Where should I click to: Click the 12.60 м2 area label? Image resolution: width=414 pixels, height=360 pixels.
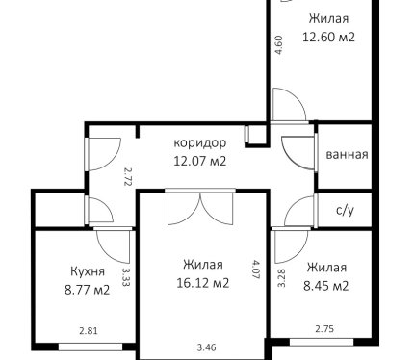click(328, 37)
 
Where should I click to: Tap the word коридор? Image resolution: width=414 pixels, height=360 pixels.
click(199, 142)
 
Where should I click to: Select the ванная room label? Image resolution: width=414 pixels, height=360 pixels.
click(347, 155)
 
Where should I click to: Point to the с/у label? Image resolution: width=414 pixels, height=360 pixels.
click(345, 210)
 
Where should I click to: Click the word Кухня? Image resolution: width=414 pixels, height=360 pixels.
click(88, 271)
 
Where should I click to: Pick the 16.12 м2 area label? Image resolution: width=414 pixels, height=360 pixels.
click(203, 283)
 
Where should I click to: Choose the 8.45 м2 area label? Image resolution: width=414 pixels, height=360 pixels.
click(326, 286)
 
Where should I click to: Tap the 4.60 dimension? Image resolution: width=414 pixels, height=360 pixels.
click(279, 44)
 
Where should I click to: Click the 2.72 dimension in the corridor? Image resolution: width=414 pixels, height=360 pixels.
click(128, 175)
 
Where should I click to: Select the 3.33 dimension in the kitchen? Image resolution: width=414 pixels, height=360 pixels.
click(126, 276)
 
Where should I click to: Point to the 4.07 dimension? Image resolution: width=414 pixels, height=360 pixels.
click(256, 270)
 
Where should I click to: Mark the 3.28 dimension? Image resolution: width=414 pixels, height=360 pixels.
click(281, 277)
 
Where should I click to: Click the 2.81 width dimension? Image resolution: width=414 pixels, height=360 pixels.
click(89, 330)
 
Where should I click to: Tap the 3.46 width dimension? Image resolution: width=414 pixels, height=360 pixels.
click(206, 347)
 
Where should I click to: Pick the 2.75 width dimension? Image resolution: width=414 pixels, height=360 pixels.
click(324, 329)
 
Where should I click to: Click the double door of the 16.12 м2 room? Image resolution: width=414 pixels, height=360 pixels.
click(200, 207)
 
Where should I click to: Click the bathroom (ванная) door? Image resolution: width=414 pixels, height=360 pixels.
click(299, 152)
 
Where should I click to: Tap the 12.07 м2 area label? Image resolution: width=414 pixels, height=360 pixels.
click(199, 161)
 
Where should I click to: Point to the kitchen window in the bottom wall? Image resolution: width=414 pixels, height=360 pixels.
click(91, 347)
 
